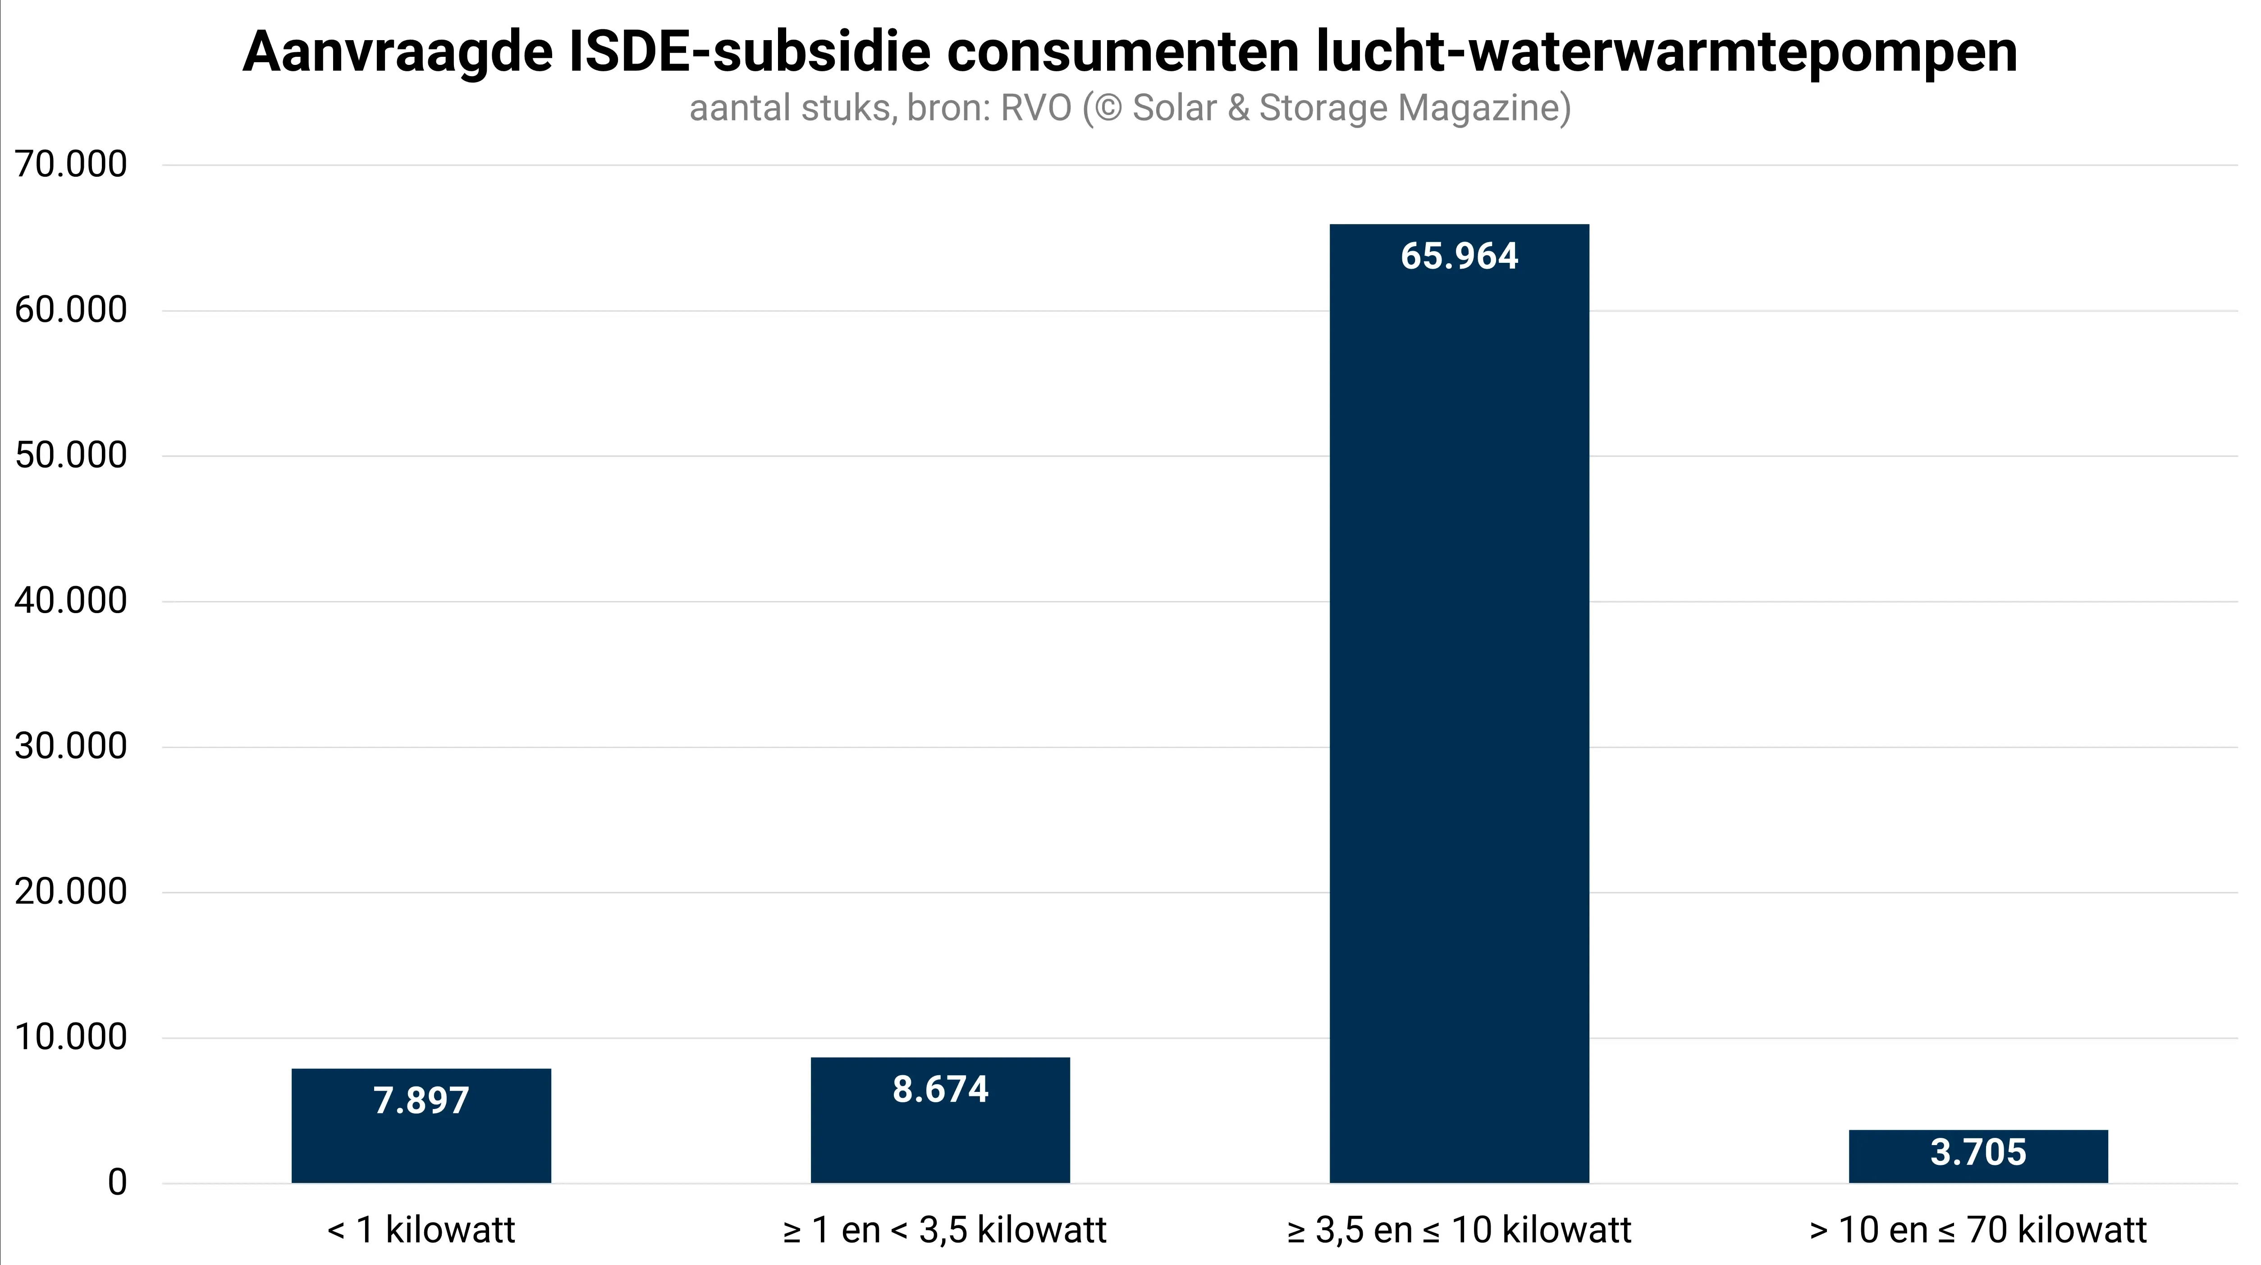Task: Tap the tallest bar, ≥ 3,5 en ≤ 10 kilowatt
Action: (1459, 702)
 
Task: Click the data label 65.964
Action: (1459, 257)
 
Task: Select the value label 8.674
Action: (940, 1090)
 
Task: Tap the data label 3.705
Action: (1978, 1152)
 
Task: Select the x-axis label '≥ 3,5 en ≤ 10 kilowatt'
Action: (1459, 1230)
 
